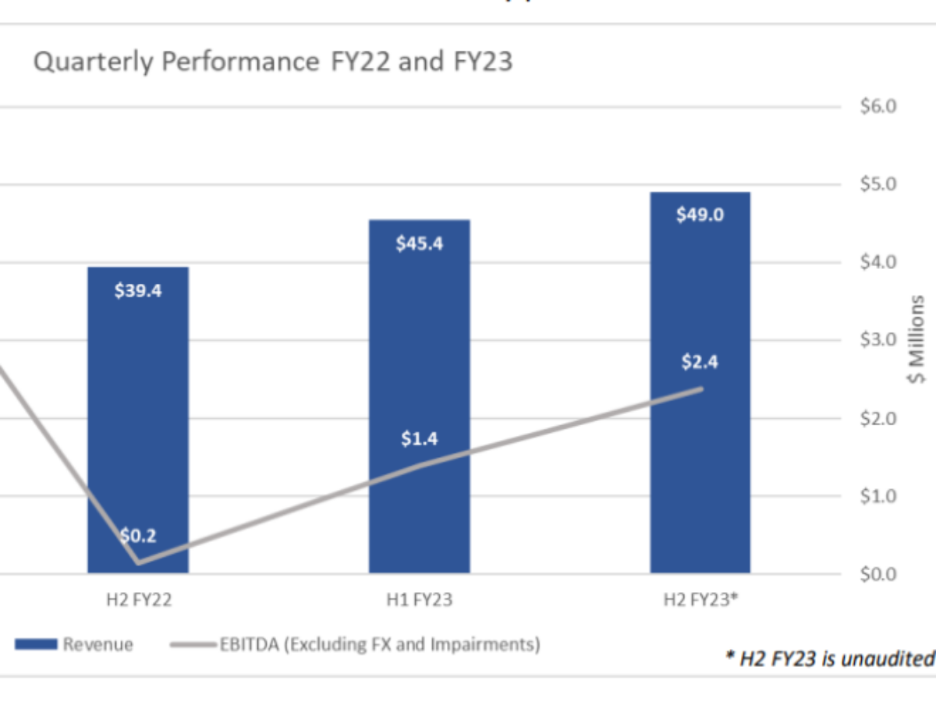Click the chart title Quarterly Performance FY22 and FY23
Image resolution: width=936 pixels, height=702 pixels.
[273, 62]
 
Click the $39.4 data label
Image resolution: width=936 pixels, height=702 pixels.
[138, 291]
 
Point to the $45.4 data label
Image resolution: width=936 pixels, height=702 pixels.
[420, 243]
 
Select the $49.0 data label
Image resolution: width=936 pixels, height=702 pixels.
[700, 214]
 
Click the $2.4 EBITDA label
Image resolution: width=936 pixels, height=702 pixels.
[699, 362]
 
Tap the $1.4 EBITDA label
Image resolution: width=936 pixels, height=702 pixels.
[420, 439]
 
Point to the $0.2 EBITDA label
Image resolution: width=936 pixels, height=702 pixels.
[138, 536]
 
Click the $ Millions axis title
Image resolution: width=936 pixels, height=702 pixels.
[918, 339]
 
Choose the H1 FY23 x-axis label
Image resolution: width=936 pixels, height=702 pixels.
[420, 600]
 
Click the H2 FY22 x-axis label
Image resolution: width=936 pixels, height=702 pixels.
[138, 600]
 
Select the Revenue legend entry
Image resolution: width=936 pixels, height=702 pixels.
[98, 644]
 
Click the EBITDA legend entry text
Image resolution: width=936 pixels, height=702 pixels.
[379, 644]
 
